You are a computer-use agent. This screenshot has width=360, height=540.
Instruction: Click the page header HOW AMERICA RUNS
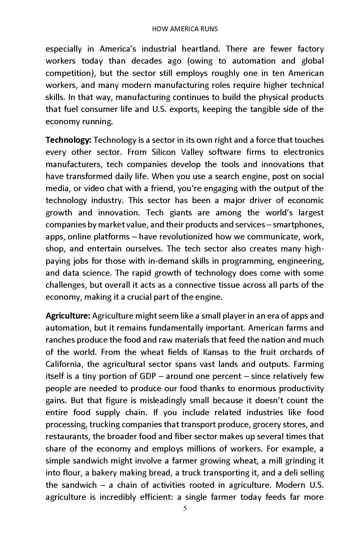tap(184, 29)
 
